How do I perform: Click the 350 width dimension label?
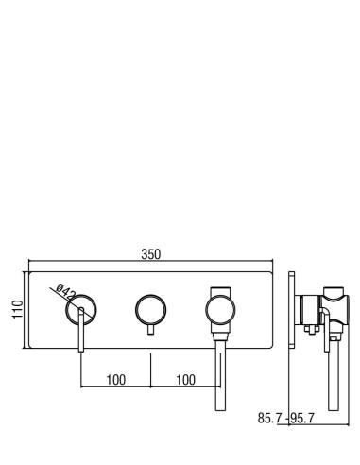click(x=151, y=254)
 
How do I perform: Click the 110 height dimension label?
click(x=18, y=309)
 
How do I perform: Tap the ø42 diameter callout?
click(x=66, y=292)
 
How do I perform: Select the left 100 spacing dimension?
click(x=116, y=380)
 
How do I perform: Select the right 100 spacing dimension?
click(x=186, y=380)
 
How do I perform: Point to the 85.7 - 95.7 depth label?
click(x=286, y=418)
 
